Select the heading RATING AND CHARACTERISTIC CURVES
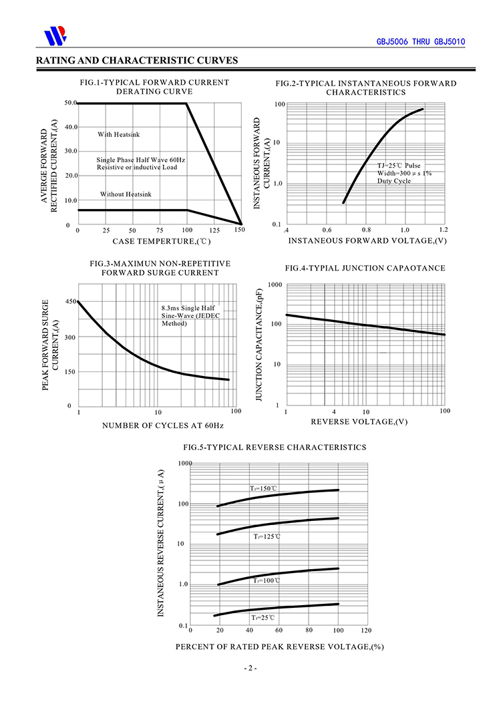[x=137, y=61]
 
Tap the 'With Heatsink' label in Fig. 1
[x=119, y=134]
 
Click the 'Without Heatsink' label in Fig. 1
[x=126, y=194]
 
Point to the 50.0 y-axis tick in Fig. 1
[x=71, y=103]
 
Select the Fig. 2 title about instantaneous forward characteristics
[x=366, y=87]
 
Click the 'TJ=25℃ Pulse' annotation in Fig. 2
[x=399, y=165]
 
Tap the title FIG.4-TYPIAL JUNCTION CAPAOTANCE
[x=365, y=268]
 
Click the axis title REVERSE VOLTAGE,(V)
[x=359, y=422]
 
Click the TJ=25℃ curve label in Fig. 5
[x=263, y=618]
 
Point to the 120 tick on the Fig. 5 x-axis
[x=365, y=630]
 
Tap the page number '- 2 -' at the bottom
[x=251, y=668]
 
